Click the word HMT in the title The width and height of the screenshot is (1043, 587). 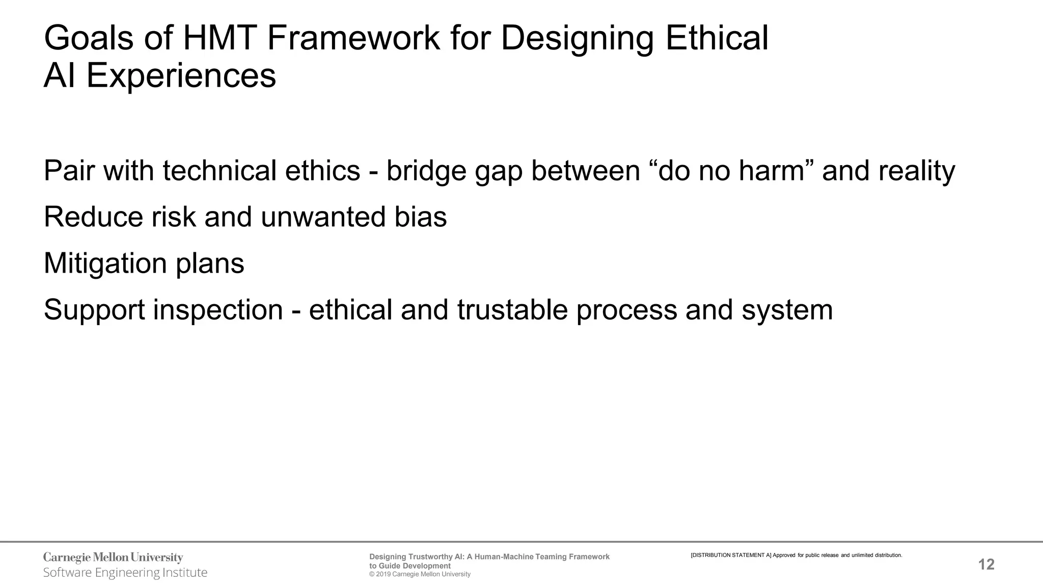click(x=220, y=38)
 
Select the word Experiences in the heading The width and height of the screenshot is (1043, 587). click(x=181, y=76)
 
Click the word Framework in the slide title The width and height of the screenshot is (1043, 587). click(x=353, y=38)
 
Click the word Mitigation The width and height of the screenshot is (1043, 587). click(x=105, y=263)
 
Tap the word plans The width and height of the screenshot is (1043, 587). click(x=210, y=263)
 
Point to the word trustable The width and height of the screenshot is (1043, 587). click(x=512, y=310)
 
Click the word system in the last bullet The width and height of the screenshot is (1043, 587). click(x=787, y=310)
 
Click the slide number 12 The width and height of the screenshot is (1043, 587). click(x=986, y=565)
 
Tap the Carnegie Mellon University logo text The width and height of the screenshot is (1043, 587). click(x=113, y=557)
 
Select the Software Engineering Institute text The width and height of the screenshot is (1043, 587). click(x=125, y=573)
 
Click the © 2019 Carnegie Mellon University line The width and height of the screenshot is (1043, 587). click(x=420, y=574)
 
